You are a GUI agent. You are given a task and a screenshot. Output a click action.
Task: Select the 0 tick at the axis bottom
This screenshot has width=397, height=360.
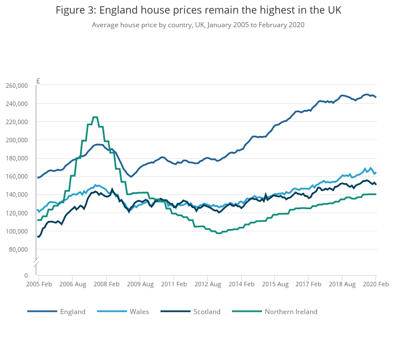coord(26,276)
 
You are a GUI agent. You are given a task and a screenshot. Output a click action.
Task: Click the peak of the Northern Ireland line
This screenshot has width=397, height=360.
coord(95,117)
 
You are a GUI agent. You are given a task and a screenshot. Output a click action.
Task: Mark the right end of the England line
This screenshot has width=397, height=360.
coord(375,97)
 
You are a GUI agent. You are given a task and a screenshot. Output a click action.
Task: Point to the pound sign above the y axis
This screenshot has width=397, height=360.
coord(38,81)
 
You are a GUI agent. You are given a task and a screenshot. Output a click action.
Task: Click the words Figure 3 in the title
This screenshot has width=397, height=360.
coord(75,11)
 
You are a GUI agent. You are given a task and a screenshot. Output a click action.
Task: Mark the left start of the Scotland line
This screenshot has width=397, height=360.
coord(38,236)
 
